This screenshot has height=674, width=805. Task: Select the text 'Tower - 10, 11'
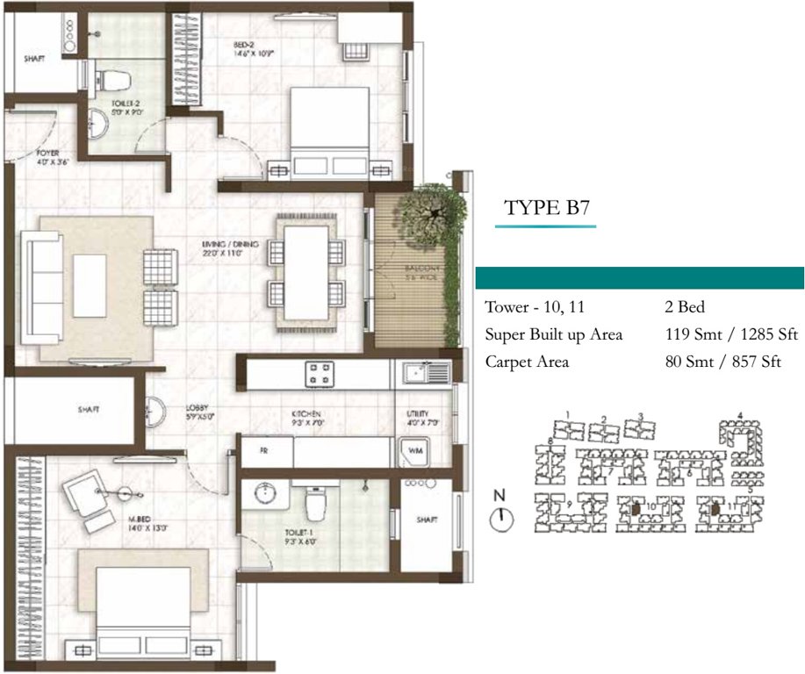[534, 308]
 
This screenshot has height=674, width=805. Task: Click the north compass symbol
[500, 518]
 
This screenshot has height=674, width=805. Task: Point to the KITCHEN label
[306, 418]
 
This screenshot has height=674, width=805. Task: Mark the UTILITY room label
[417, 418]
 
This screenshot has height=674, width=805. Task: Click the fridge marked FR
[263, 451]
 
